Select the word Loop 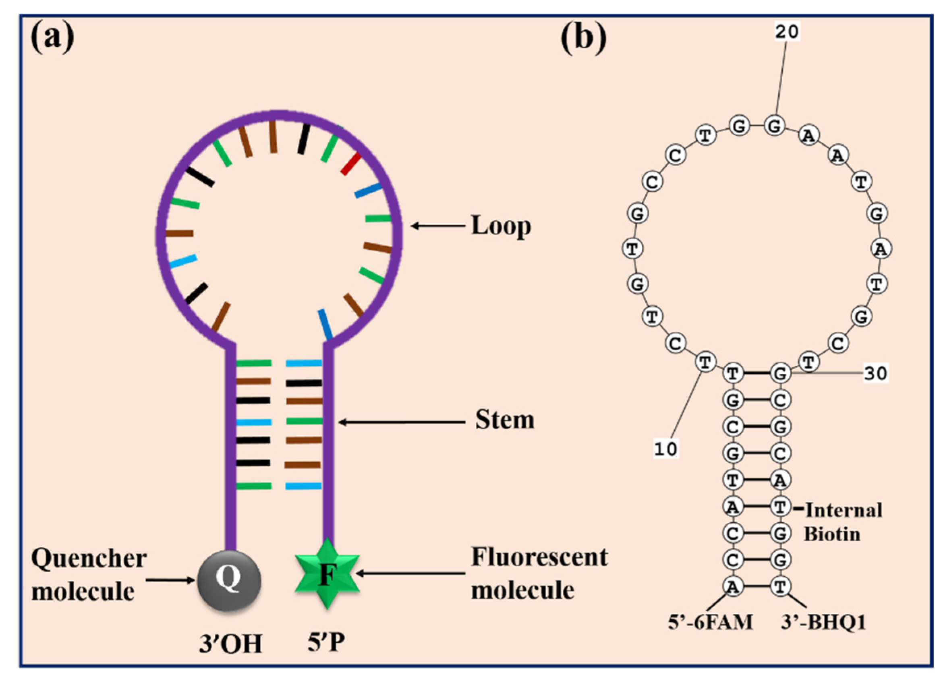(501, 226)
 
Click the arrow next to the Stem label (402, 422)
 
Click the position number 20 (787, 31)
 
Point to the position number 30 (876, 374)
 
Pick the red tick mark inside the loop (350, 164)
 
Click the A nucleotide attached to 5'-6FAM (733, 587)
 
